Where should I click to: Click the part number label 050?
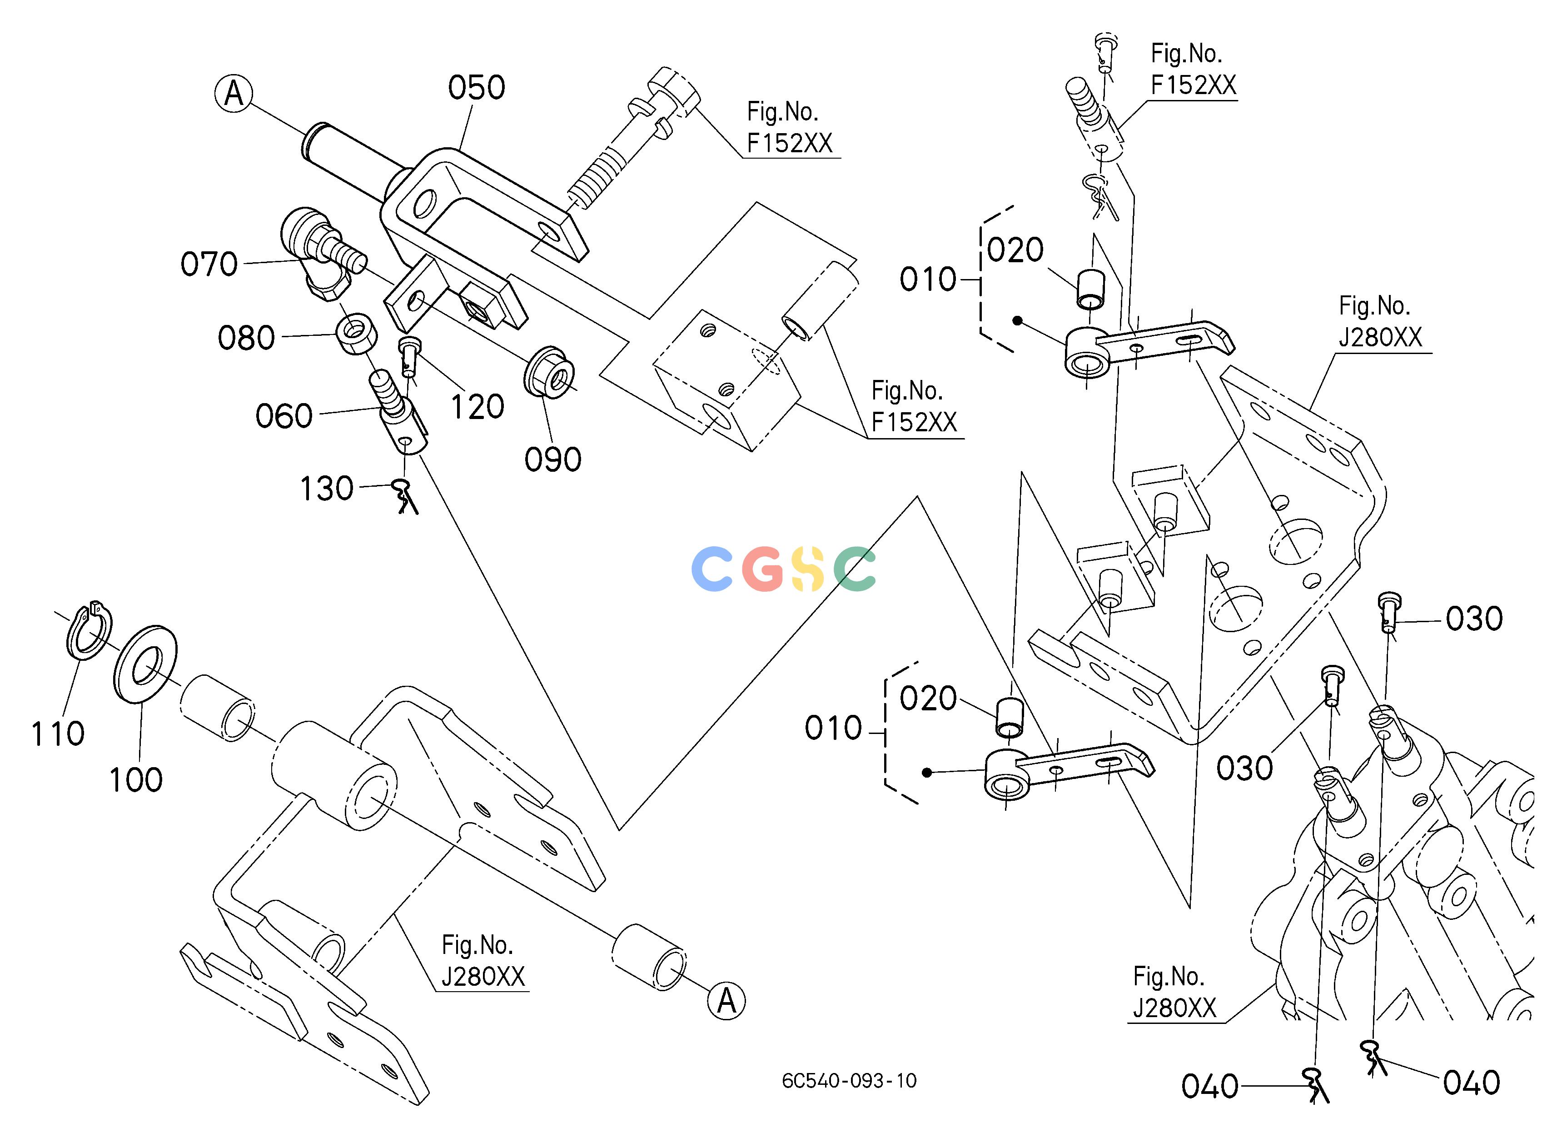pos(476,88)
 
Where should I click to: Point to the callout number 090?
pos(553,459)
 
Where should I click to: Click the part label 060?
pos(284,416)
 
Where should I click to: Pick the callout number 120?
pos(478,407)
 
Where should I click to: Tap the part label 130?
pos(327,489)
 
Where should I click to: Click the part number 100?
pos(136,779)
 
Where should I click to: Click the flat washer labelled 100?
pos(145,664)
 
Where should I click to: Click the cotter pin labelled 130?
pos(406,497)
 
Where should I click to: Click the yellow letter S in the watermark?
pos(808,569)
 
